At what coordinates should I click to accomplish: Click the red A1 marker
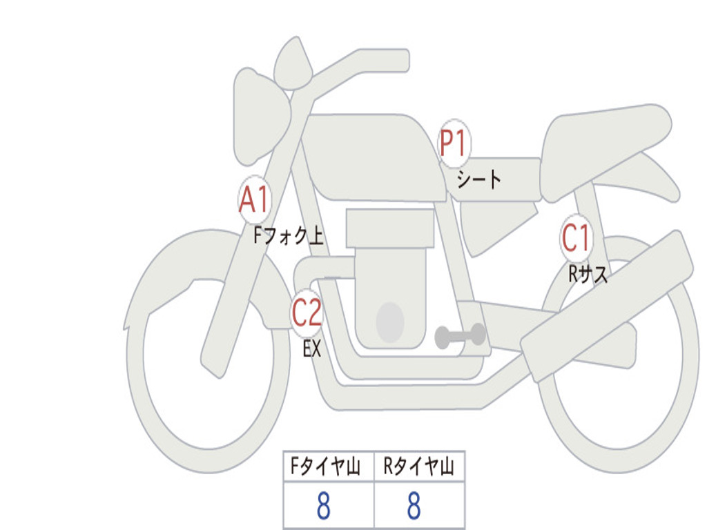tap(255, 199)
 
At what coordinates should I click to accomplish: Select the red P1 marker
tap(454, 144)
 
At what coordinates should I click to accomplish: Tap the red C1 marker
tap(577, 237)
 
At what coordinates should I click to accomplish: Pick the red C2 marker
tap(307, 313)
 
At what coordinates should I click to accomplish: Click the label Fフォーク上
tap(289, 235)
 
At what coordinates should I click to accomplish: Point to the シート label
tap(478, 179)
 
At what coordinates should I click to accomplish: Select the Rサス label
tap(588, 273)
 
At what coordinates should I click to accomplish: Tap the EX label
tap(312, 349)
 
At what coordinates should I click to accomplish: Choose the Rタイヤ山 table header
tap(419, 466)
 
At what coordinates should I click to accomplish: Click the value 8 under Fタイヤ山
tap(324, 505)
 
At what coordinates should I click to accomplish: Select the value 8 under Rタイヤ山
tap(414, 505)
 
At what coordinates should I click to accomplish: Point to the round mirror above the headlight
tap(293, 63)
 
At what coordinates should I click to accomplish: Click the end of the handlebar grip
tap(405, 60)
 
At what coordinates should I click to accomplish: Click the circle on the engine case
tap(390, 322)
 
